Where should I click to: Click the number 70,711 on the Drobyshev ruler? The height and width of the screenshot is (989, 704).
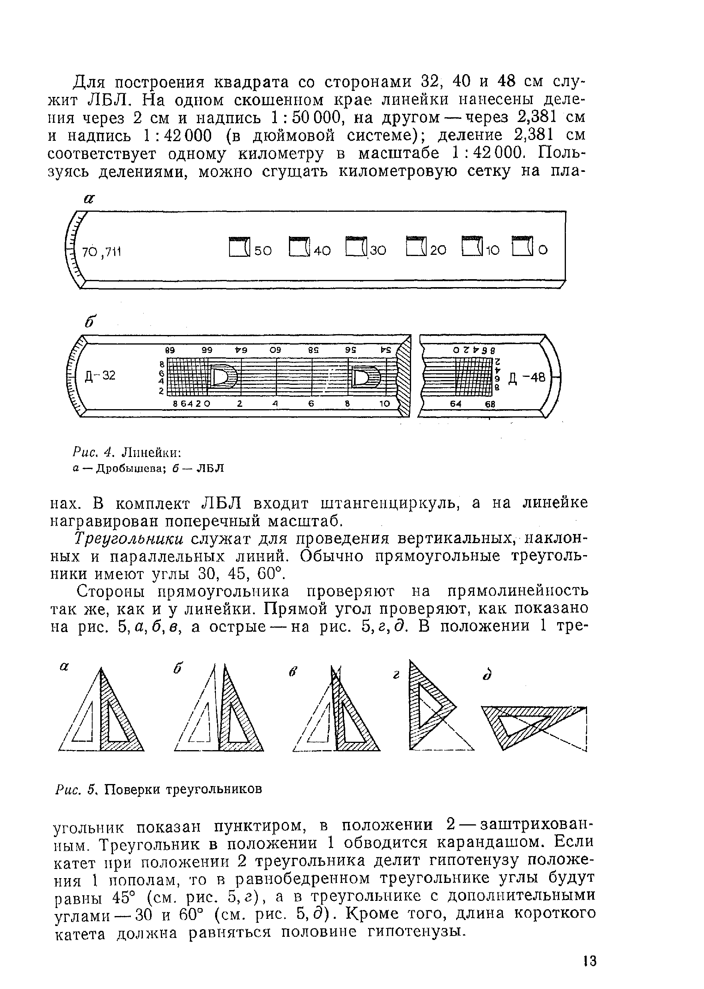[x=101, y=251]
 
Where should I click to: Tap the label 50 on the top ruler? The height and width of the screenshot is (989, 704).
[x=263, y=250]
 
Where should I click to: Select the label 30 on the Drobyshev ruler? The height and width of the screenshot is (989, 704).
[x=378, y=250]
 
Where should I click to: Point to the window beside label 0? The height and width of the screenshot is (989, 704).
[x=522, y=247]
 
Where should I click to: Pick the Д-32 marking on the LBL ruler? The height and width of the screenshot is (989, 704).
[x=100, y=375]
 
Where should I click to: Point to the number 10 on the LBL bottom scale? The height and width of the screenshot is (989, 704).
[x=384, y=404]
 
